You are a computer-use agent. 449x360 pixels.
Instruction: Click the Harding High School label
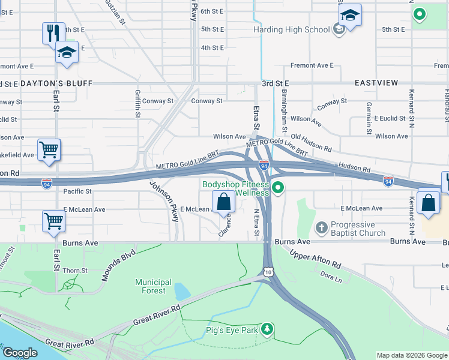click(x=291, y=29)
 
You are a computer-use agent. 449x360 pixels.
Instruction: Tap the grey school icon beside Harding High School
click(x=339, y=29)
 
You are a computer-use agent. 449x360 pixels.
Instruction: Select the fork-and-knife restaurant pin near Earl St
click(x=53, y=32)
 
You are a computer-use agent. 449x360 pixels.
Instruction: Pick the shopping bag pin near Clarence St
click(x=223, y=202)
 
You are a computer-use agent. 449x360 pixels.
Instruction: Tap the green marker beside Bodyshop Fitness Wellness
click(x=277, y=189)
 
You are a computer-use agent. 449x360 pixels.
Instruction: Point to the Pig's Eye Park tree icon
click(x=267, y=329)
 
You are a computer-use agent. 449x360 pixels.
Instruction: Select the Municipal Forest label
click(x=153, y=286)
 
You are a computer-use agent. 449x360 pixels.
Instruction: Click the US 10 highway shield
click(x=268, y=272)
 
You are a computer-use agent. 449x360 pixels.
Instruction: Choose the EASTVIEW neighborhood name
click(x=376, y=83)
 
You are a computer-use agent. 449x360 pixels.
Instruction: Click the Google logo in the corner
click(x=20, y=353)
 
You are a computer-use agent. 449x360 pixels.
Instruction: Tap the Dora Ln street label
click(x=331, y=277)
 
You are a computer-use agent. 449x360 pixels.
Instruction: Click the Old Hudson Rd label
click(x=311, y=143)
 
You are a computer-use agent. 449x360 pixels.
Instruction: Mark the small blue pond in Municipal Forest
click(x=179, y=292)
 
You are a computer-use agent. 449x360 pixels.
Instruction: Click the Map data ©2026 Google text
click(x=411, y=355)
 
